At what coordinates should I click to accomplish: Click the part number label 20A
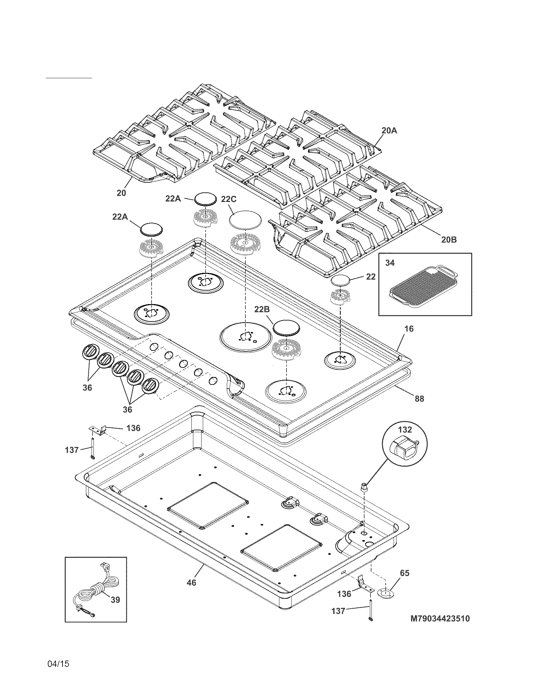[x=389, y=131]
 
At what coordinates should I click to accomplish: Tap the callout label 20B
[x=449, y=240]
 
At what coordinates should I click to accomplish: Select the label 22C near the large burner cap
[x=229, y=200]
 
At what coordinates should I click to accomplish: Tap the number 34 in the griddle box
[x=390, y=263]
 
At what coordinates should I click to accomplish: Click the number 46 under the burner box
[x=191, y=582]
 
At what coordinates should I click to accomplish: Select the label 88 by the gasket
[x=419, y=398]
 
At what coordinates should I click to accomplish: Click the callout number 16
[x=409, y=329]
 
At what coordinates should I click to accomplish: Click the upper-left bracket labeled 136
[x=98, y=430]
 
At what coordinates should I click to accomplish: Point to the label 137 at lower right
[x=338, y=611]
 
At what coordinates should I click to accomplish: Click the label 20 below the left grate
[x=121, y=193]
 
